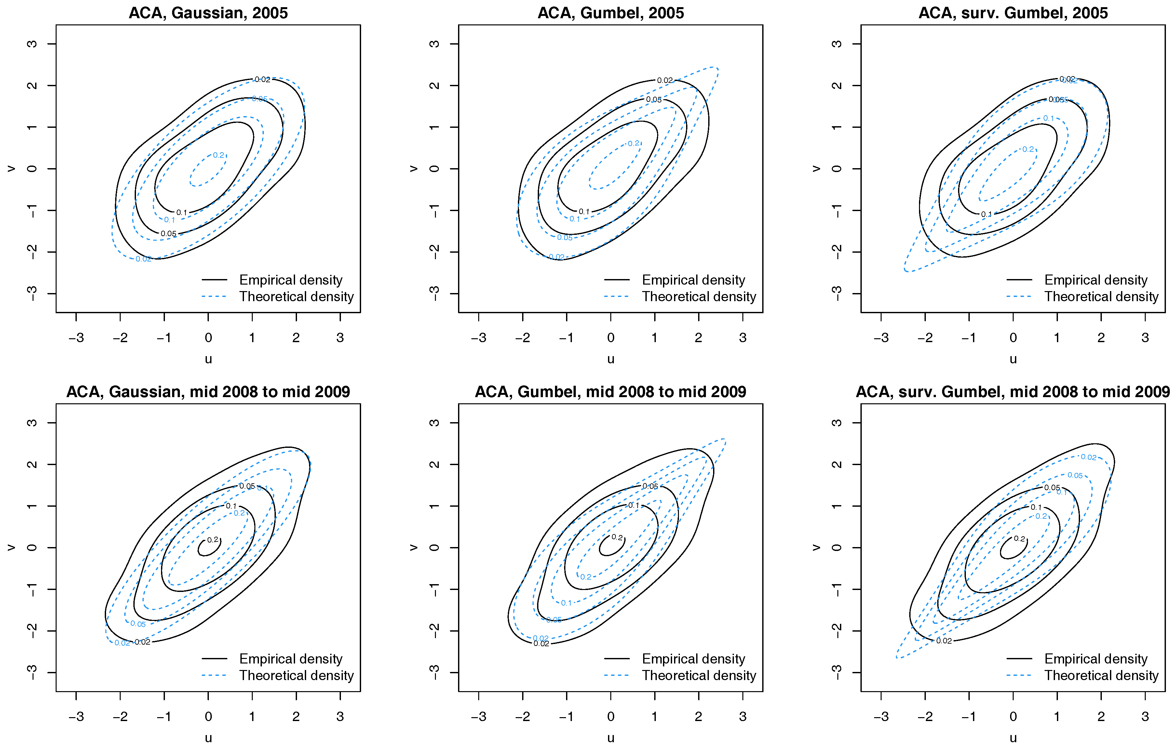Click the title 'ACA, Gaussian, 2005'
[x=208, y=13]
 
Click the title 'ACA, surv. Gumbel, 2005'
[x=1013, y=13]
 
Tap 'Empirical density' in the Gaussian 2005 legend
[x=291, y=280]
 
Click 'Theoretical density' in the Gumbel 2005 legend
[x=698, y=296]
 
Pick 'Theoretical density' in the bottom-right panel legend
[x=1101, y=675]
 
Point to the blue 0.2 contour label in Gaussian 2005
[x=218, y=155]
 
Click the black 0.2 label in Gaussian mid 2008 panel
[x=213, y=540]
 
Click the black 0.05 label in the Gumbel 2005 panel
[x=654, y=100]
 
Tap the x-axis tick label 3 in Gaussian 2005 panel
[x=340, y=337]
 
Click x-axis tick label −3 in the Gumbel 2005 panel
[x=478, y=337]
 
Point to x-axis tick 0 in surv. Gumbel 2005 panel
[x=1013, y=337]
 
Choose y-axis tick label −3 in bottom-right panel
[x=837, y=672]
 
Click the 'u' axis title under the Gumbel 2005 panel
[x=611, y=359]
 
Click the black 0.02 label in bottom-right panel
[x=944, y=641]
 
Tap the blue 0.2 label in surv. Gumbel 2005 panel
[x=1028, y=149]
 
